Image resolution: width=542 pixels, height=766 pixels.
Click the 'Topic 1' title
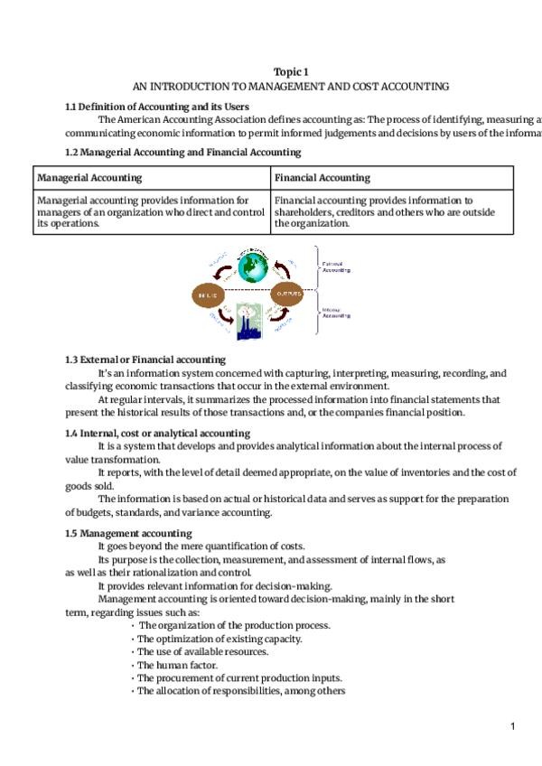pyautogui.click(x=290, y=72)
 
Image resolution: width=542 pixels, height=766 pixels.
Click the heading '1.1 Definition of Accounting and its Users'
pyautogui.click(x=157, y=107)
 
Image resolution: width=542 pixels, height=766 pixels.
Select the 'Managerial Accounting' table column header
pyautogui.click(x=89, y=178)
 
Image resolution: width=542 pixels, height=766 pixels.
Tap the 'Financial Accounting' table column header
pyautogui.click(x=322, y=178)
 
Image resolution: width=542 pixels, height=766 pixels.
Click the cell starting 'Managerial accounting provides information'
pyautogui.click(x=150, y=211)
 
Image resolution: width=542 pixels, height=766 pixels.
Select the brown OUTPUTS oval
pyautogui.click(x=288, y=294)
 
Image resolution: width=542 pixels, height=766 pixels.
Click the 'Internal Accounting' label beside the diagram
pyautogui.click(x=336, y=313)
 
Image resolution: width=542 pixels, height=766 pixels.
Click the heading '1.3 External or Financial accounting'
pyautogui.click(x=145, y=360)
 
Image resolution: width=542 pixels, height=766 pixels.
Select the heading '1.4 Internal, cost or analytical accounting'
pyautogui.click(x=158, y=434)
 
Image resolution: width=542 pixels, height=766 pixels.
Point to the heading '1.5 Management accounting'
pyautogui.click(x=128, y=533)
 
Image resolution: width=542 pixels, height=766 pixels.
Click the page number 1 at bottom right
pyautogui.click(x=512, y=726)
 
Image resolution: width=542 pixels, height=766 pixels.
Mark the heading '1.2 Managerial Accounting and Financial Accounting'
pyautogui.click(x=183, y=152)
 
